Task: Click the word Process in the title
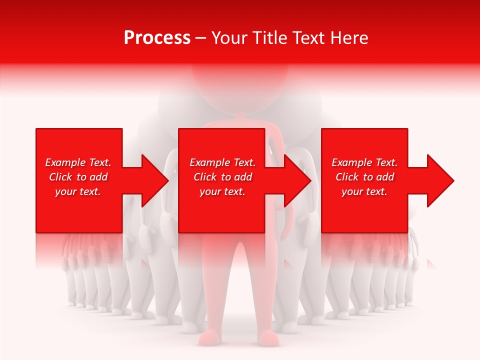click(157, 38)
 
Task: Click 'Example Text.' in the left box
click(78, 162)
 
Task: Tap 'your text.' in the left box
click(78, 191)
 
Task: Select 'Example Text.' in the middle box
click(222, 162)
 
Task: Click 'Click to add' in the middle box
click(222, 177)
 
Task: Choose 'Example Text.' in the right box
click(364, 162)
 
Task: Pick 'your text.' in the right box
click(364, 191)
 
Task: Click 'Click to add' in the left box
click(78, 177)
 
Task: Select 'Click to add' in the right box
click(364, 177)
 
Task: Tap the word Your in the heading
click(228, 38)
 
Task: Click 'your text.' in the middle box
click(222, 191)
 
